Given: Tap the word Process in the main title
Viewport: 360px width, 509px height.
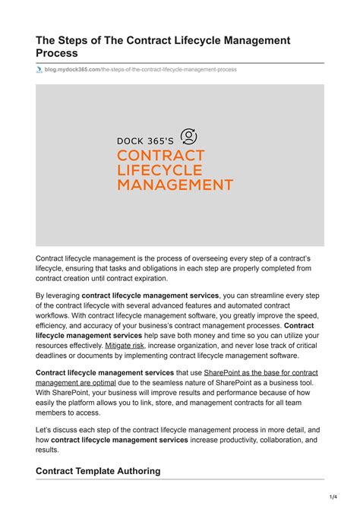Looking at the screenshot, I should pos(59,54).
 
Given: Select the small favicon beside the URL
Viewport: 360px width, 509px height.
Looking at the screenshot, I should pos(39,69).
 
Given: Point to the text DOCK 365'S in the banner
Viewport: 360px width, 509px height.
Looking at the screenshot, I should pos(146,140).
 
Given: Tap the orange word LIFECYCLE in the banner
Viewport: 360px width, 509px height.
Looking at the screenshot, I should pos(159,169).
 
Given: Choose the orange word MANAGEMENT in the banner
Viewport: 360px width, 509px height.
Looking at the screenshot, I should pos(174,184).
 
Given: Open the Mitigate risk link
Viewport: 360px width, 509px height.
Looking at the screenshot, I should pos(124,345).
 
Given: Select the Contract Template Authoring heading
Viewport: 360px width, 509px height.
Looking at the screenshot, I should pos(98,471).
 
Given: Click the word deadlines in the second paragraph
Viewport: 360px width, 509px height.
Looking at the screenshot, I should pos(55,355).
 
